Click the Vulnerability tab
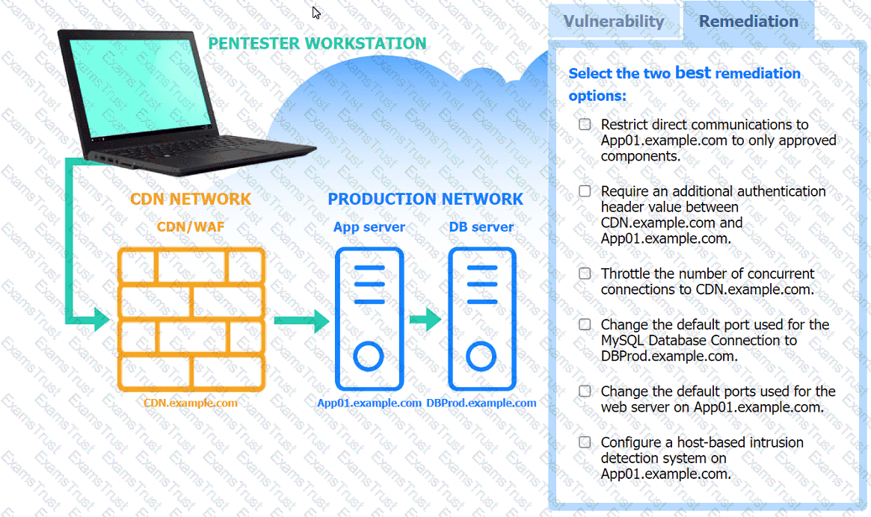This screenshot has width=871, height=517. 614,22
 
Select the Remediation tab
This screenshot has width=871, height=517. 748,22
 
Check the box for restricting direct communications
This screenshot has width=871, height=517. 585,125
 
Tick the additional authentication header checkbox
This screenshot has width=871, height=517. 585,191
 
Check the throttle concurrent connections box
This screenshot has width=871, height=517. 585,273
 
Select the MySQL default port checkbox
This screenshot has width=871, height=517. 585,325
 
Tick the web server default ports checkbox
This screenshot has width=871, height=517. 585,391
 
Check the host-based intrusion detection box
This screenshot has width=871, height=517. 585,442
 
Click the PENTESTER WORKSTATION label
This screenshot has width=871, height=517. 317,43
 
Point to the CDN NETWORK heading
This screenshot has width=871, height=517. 191,199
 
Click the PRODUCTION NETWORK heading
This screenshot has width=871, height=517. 425,199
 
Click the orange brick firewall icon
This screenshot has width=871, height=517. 191,319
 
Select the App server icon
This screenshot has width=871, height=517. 369,319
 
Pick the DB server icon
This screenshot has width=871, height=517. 481,319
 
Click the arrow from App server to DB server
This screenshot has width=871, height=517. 425,321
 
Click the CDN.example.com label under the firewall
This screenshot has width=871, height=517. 191,403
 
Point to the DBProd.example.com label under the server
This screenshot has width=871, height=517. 481,403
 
